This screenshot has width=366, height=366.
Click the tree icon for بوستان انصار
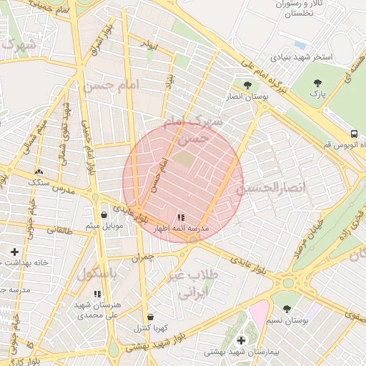point(247,84)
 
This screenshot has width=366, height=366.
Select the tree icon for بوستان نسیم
point(287,310)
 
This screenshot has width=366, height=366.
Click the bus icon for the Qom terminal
point(354,134)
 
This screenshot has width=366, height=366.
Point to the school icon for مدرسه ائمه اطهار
point(180,217)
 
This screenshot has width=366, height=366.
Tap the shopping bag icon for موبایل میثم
point(104,214)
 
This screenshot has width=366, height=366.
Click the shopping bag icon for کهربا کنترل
point(150,317)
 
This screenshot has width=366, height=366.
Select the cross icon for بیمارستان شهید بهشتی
point(241,340)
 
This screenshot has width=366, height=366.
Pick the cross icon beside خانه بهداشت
point(14,252)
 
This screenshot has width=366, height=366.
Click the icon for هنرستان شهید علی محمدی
point(97,294)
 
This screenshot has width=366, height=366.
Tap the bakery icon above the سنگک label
point(38,172)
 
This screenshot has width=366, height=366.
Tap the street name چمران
point(142,255)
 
